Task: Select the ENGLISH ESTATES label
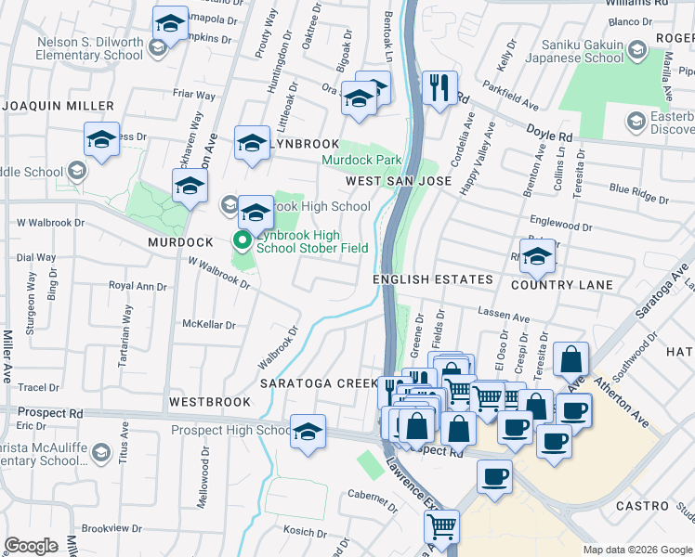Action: (432, 279)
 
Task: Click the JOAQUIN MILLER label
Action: (58, 106)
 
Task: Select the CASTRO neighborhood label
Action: (642, 506)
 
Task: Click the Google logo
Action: (31, 545)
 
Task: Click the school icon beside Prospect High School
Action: (308, 432)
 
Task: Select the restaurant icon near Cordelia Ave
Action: (437, 88)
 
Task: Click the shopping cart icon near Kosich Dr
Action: (441, 526)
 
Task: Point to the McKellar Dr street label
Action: (209, 324)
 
